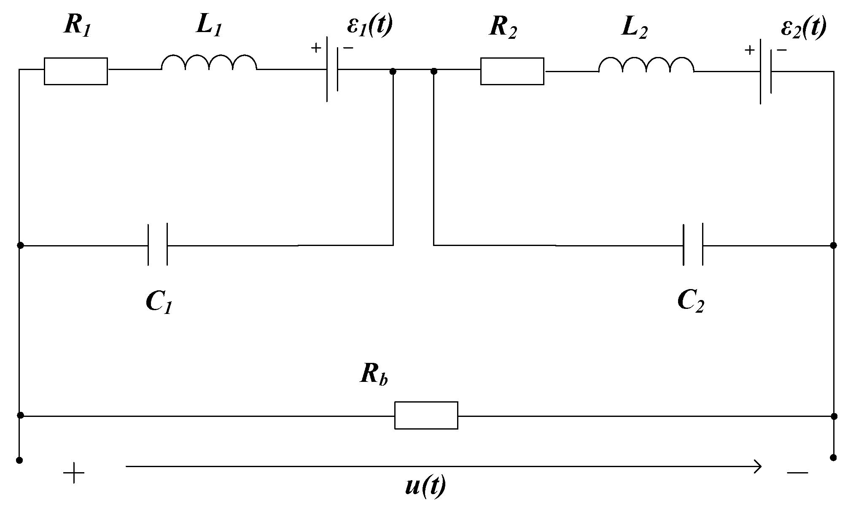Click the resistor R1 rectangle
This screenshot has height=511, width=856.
coord(76,71)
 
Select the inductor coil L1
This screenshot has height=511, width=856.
coord(209,63)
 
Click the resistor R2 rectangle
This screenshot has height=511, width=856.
coord(512,71)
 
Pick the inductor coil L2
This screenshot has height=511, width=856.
coord(646,66)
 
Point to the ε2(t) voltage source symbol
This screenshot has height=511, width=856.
coord(766,72)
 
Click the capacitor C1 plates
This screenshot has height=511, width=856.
coord(158,245)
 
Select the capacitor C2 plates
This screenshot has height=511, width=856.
coord(693,245)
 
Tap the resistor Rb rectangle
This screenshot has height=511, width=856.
coord(426,415)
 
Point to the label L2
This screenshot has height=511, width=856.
coord(635,29)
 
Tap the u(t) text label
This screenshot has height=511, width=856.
coord(425,487)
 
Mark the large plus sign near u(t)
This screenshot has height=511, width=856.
coord(74,473)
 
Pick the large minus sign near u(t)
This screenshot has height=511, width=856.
coord(797,473)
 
